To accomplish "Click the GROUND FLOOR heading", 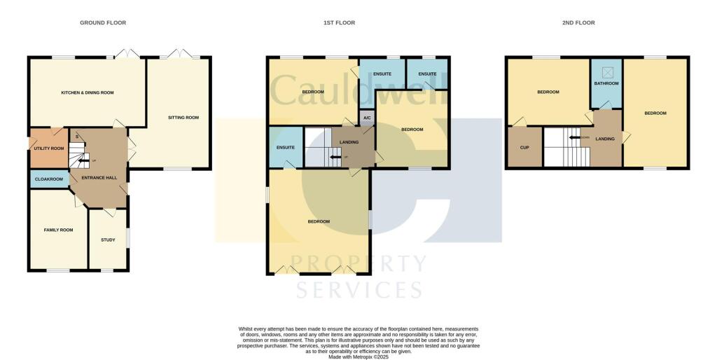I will (x=103, y=23).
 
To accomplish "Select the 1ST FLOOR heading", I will (x=339, y=23).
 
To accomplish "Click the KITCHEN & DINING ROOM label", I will (x=88, y=92).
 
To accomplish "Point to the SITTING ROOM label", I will (x=183, y=118).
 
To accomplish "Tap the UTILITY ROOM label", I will (x=49, y=148).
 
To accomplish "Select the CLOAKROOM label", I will (x=49, y=179).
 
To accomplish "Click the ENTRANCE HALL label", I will (x=99, y=178).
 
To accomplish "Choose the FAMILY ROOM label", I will (x=58, y=230).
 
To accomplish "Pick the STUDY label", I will (x=108, y=240).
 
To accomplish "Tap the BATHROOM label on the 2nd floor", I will (x=606, y=84).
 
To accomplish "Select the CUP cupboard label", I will (x=524, y=148).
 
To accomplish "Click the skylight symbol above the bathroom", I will (x=607, y=71).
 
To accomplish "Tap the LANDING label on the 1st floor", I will (x=349, y=143).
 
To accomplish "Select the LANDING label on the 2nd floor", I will (x=605, y=139).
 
